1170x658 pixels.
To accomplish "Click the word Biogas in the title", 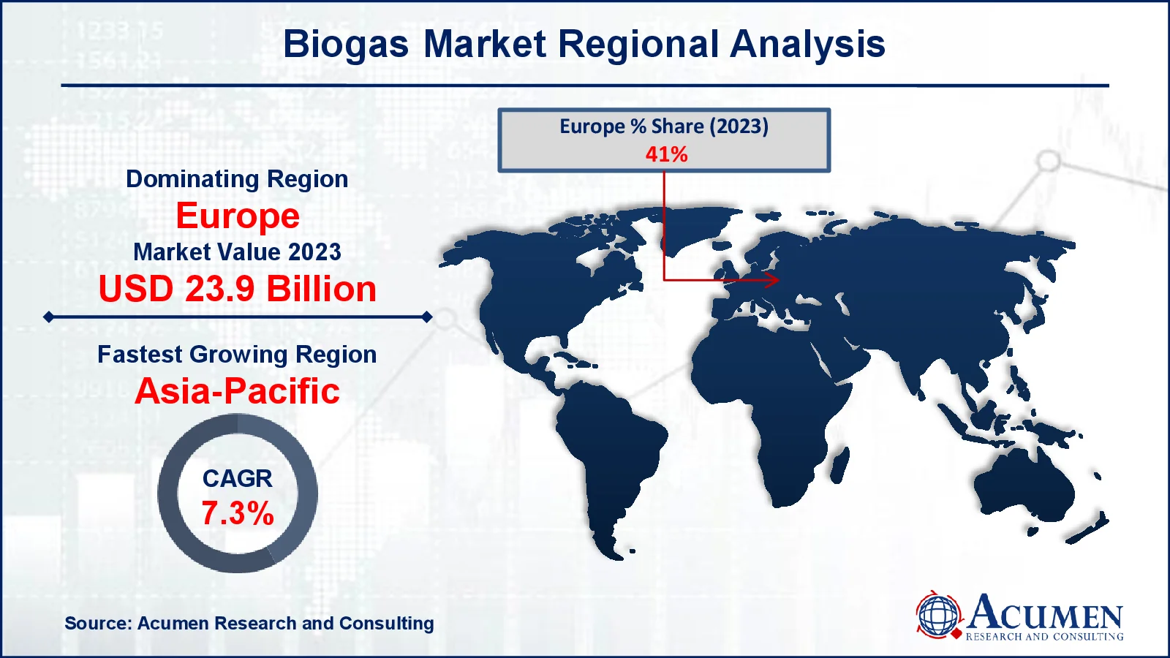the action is [x=346, y=45].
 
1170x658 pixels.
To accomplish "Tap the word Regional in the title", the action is [x=639, y=45].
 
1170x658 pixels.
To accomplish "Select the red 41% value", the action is [x=666, y=154].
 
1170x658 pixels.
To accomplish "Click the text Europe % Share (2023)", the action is [x=664, y=127].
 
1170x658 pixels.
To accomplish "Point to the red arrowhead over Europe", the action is [x=772, y=280].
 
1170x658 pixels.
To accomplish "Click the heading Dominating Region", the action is [x=237, y=179].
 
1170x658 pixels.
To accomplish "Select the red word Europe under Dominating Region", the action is [x=238, y=216].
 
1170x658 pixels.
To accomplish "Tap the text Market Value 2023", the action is [x=237, y=252].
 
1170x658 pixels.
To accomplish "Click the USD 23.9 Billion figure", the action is [x=238, y=289].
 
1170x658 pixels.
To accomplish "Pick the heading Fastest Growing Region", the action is [x=237, y=355].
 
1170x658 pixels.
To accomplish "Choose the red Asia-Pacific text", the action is [x=238, y=391].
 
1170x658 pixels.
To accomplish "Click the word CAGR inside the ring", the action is [x=238, y=479].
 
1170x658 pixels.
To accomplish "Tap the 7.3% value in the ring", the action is [x=238, y=513].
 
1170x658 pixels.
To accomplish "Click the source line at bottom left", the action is [x=249, y=623].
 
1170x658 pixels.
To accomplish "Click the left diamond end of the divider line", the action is [x=48, y=317].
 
